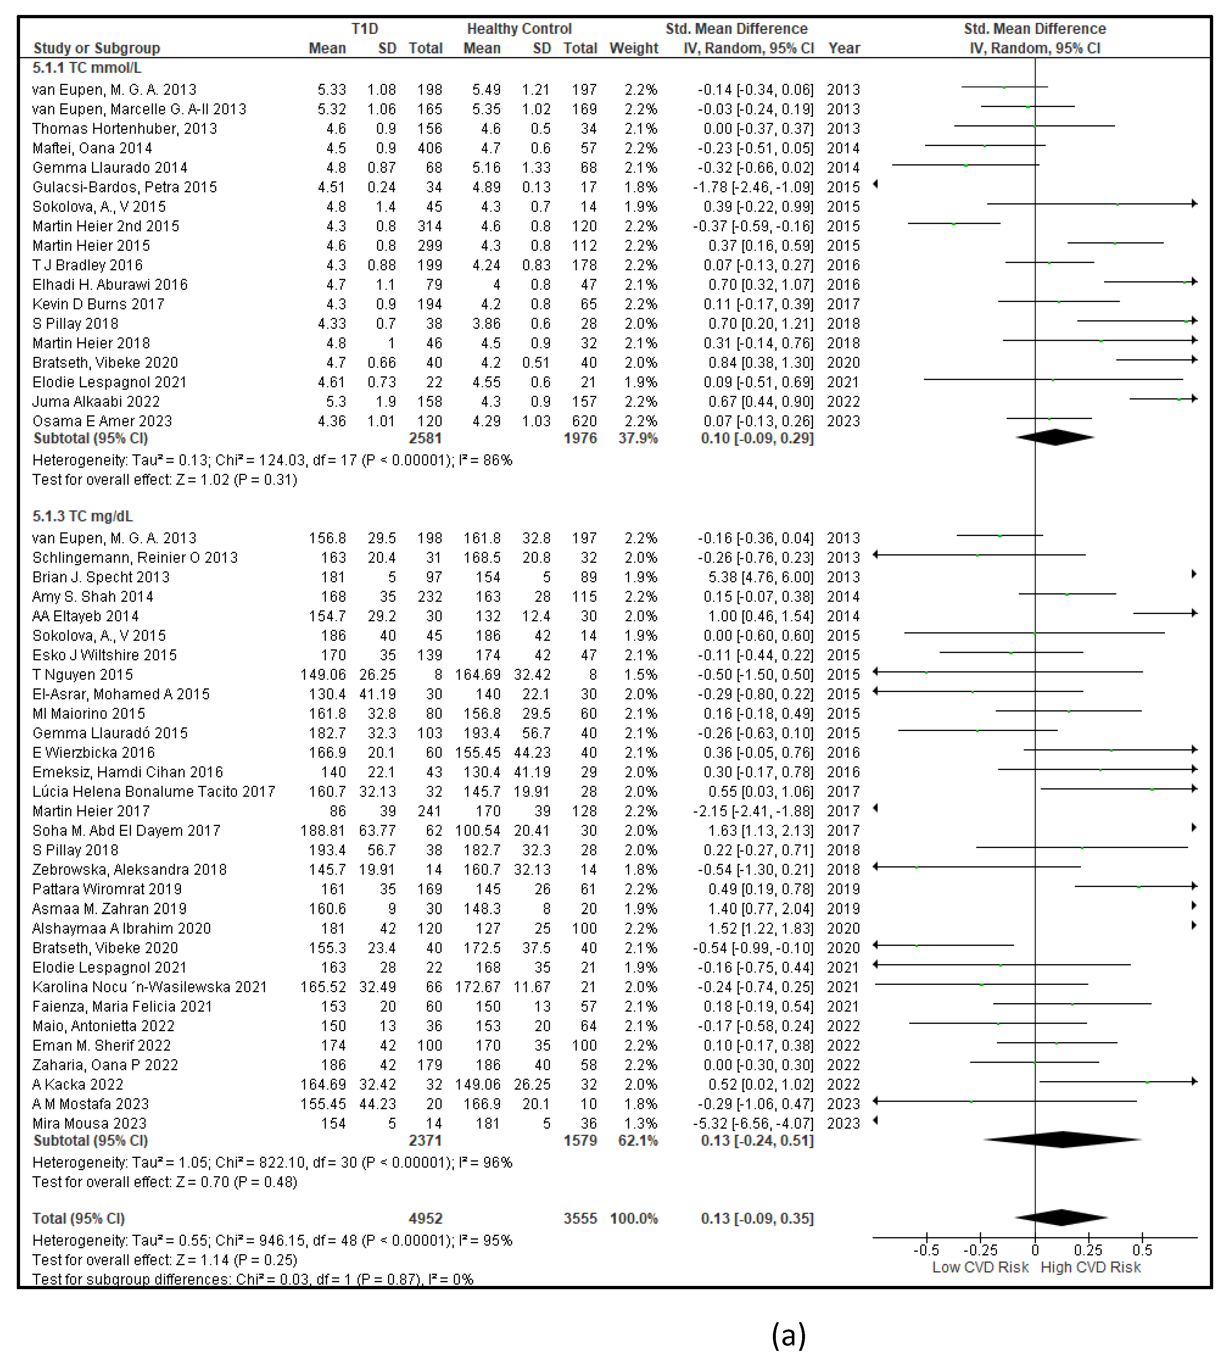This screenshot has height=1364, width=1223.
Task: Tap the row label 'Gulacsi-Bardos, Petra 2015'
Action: (x=124, y=187)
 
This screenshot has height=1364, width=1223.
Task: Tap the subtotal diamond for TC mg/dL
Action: (x=1062, y=1140)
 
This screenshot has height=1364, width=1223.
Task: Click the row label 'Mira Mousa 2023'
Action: (x=89, y=1123)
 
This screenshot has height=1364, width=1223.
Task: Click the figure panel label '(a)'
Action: (x=788, y=1334)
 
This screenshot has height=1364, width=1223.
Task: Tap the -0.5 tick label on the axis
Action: (x=926, y=1250)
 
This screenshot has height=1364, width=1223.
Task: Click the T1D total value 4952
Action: (x=425, y=1218)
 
